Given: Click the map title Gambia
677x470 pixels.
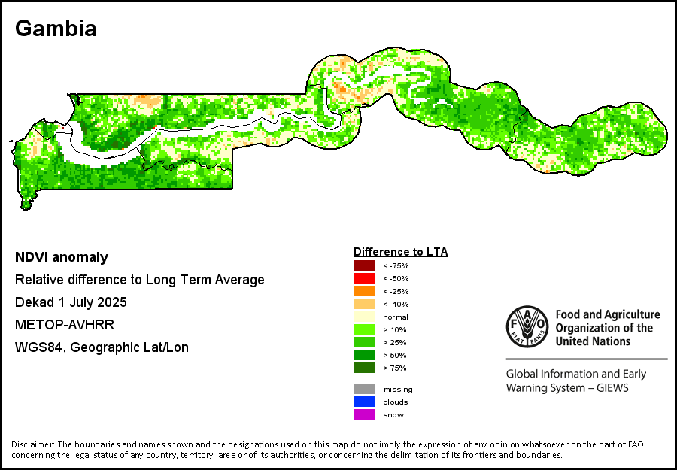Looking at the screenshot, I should coord(56,29).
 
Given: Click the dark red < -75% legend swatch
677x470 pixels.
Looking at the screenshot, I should coord(364,265).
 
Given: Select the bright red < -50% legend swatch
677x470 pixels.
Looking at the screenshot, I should coord(364,278).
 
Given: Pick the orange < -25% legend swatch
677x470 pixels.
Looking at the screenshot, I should coord(364,291).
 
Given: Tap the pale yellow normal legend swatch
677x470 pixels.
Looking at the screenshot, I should coord(364,317).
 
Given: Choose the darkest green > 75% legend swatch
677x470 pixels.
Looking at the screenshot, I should coord(364,368).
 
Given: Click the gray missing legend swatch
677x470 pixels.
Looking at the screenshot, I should coord(364,389).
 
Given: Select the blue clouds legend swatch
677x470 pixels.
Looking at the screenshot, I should coord(364,402).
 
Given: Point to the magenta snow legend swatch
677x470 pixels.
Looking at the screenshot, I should coord(364,414).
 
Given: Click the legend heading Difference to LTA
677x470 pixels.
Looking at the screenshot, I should coord(400,252).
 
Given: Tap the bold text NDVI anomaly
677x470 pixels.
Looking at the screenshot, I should coord(62,257).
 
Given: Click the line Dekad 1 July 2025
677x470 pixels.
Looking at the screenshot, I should coord(71,302).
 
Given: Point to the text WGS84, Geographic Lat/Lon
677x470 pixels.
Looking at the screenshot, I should coord(102,347).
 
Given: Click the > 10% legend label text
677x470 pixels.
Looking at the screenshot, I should coord(395,329).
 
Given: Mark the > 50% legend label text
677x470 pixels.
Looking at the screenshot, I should coord(395,355).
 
